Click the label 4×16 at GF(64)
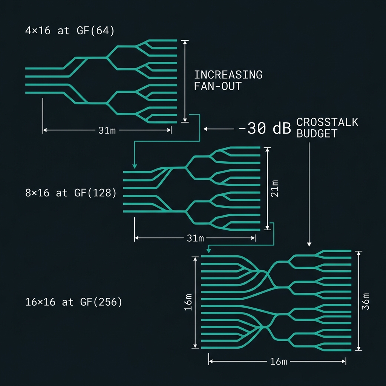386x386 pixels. point(70,31)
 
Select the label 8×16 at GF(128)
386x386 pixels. point(70,193)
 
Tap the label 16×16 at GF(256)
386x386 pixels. point(74,302)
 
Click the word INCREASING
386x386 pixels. point(228,75)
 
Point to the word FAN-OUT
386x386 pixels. point(218,86)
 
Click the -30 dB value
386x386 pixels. point(265,128)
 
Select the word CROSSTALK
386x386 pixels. point(327,123)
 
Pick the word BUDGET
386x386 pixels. point(317,134)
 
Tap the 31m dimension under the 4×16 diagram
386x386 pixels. point(107,130)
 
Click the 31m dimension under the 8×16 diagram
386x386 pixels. point(195,238)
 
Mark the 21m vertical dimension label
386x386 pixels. point(275,188)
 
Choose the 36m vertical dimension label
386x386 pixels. point(365,302)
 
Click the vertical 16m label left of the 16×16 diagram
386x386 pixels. point(188,302)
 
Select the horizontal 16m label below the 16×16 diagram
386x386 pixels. point(279,361)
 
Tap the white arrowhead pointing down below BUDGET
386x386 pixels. point(309,244)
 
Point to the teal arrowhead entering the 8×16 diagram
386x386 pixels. point(135,166)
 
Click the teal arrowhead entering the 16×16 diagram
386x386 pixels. point(209,251)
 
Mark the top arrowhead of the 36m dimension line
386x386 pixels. point(359,253)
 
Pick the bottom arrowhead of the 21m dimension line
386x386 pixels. point(268,227)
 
